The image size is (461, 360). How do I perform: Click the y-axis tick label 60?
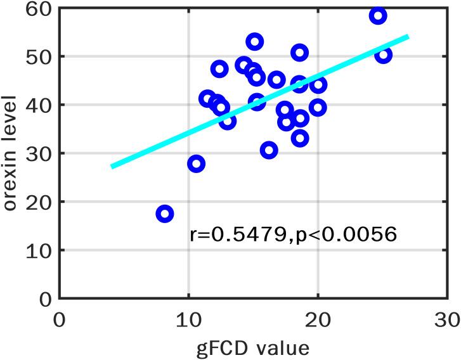tap(39, 9)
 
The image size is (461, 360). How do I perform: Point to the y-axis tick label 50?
tap(39, 56)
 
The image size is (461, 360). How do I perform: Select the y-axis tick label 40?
tap(39, 105)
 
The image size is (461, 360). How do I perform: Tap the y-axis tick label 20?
tap(39, 202)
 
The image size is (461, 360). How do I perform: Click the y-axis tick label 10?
tap(39, 250)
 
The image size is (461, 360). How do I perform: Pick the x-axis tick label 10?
tap(188, 318)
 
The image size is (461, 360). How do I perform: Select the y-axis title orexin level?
tap(11, 152)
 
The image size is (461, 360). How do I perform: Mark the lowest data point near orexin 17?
tap(164, 214)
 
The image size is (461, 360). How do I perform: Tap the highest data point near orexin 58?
tap(378, 16)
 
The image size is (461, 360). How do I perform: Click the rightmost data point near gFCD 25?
tap(384, 55)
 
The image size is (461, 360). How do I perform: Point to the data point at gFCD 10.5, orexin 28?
tap(196, 164)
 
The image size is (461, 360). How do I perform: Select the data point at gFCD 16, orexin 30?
tap(269, 150)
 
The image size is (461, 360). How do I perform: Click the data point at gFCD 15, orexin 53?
tap(255, 42)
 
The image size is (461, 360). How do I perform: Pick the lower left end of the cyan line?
tap(112, 167)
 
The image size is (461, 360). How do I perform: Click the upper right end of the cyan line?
tap(408, 36)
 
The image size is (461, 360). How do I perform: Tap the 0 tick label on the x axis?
tap(60, 318)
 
